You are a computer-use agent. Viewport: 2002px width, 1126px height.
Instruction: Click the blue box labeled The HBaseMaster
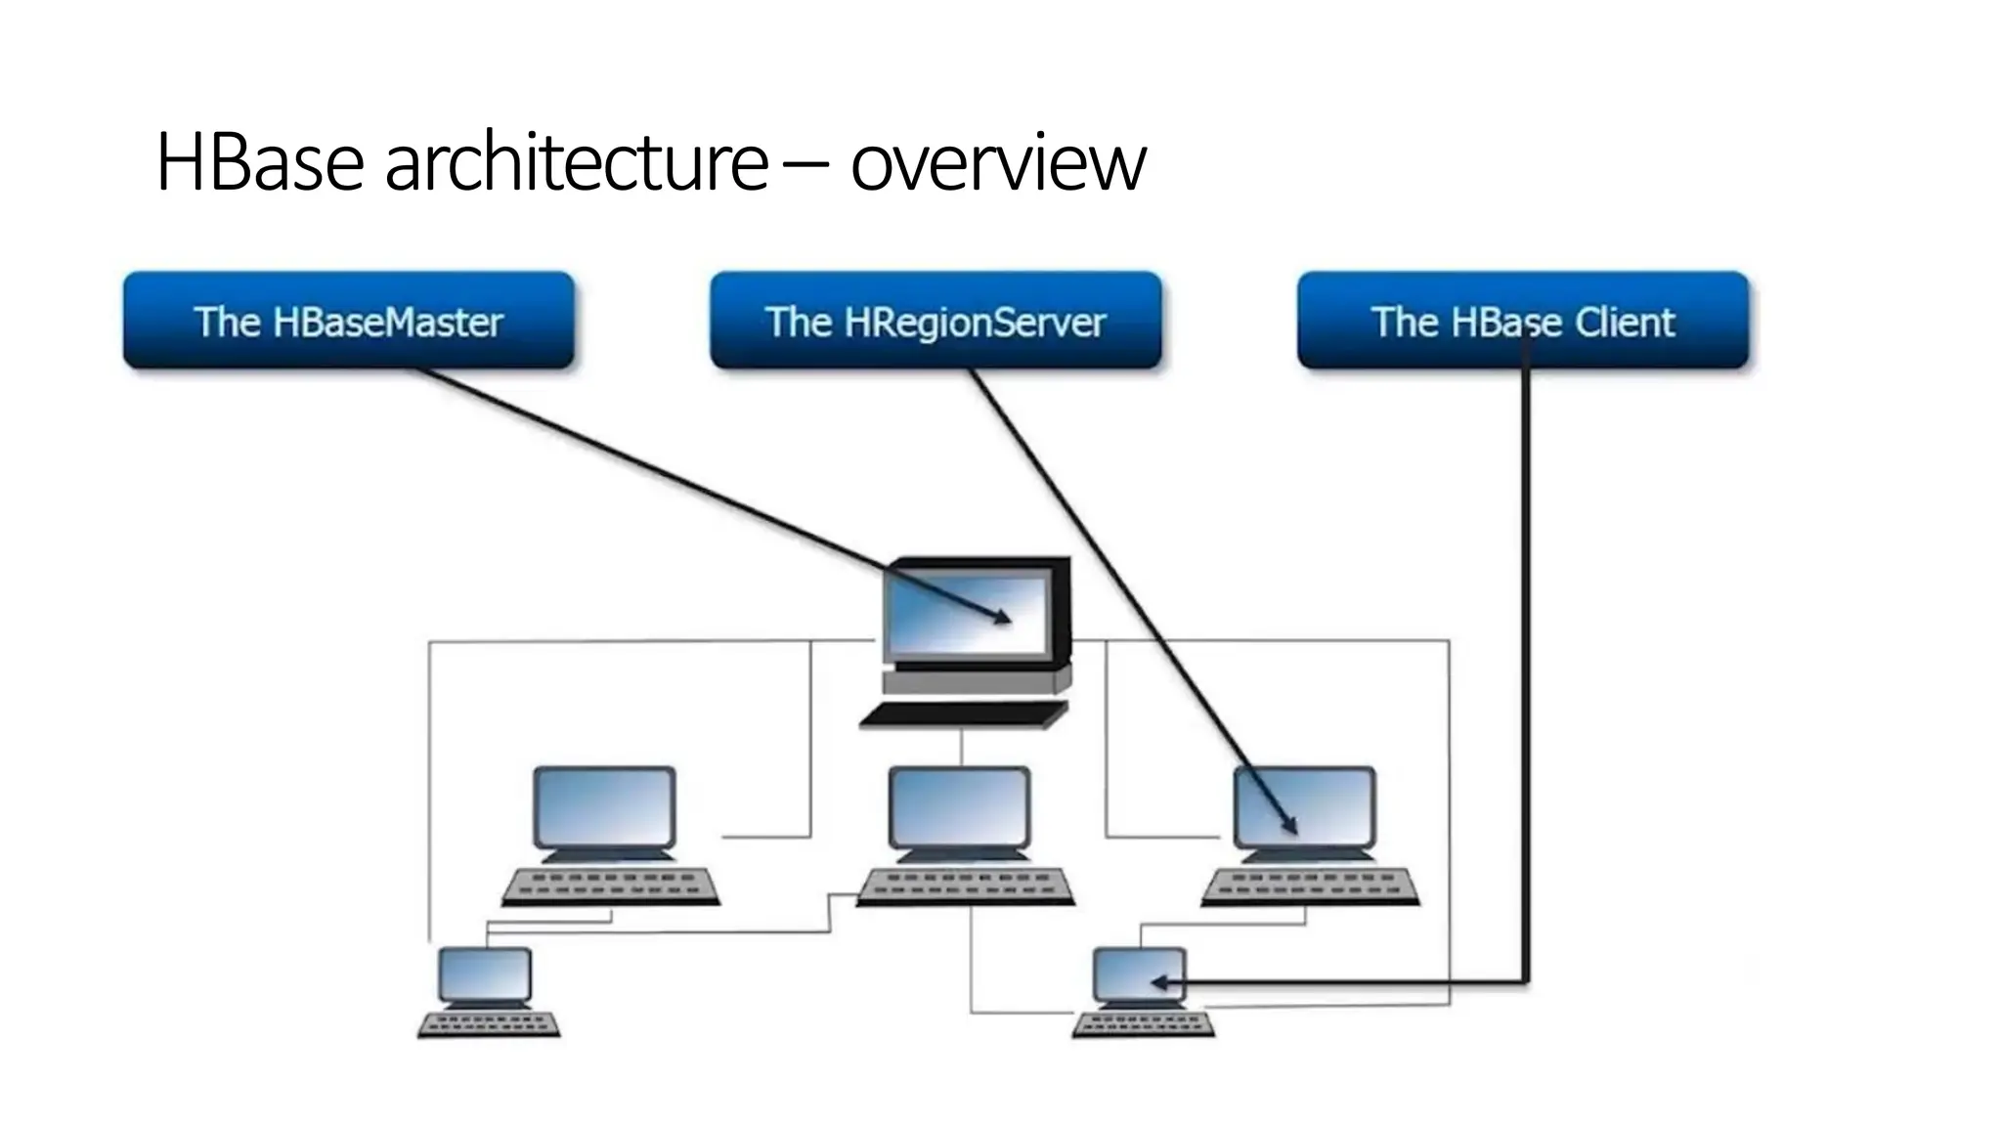coord(348,321)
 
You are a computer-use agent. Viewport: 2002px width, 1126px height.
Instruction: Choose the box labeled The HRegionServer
coord(936,321)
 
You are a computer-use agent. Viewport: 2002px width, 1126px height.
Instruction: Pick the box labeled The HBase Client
coord(1522,321)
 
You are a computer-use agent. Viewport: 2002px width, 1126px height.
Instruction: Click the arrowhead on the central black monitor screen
coord(1003,617)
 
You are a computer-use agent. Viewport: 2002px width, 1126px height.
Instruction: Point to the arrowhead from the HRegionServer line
coord(1291,827)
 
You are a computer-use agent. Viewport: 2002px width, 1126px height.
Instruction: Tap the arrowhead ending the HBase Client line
coord(1158,982)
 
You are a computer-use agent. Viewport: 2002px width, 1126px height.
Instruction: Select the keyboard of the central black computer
coord(963,715)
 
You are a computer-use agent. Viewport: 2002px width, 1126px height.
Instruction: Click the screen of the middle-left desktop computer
coord(604,808)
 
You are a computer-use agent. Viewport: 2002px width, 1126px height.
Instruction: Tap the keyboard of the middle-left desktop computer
coord(611,886)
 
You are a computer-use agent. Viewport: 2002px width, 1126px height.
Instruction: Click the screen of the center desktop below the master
coord(959,808)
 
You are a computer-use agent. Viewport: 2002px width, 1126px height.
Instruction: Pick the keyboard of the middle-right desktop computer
coord(1310,886)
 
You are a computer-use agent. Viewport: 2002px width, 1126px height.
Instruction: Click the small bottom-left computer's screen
coord(485,974)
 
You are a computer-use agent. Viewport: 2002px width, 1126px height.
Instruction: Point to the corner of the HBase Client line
coord(1525,981)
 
